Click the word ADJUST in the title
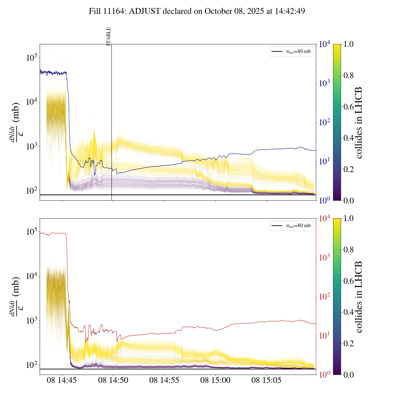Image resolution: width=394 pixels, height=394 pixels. pos(145,11)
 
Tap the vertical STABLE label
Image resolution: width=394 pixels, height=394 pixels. pos(108,37)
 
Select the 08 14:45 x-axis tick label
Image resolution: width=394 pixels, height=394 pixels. pos(62,380)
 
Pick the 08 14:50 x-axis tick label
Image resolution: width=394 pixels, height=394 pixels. pos(113,380)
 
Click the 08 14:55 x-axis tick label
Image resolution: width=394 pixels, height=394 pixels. pos(164,380)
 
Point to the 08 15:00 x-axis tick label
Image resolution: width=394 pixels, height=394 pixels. pos(215,380)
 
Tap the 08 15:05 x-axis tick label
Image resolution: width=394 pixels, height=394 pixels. pos(267,380)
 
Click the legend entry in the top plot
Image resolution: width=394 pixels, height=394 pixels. pos(291,52)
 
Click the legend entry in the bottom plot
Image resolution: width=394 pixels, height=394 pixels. pos(291,226)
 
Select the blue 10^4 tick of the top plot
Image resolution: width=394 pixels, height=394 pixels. pos(324,45)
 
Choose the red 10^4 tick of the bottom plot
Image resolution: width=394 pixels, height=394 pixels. pos(324,219)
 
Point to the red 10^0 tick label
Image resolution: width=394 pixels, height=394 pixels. pos(324,375)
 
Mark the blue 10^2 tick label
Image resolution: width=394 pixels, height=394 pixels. pos(324,123)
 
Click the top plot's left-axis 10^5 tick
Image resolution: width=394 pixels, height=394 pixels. pos(32,58)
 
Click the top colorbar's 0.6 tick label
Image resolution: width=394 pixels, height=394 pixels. pos(348,107)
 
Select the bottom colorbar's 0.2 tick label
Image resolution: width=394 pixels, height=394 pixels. pos(348,344)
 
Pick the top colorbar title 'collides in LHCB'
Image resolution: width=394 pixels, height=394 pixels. pos(358,123)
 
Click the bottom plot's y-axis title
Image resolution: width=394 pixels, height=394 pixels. pos(15,296)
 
